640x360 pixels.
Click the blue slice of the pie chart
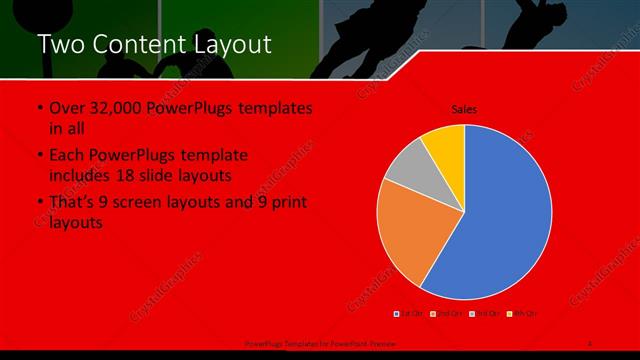pyautogui.click(x=505, y=215)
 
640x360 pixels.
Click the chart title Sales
pyautogui.click(x=464, y=108)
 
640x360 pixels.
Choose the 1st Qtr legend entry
pyautogui.click(x=410, y=314)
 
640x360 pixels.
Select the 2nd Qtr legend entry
pyautogui.click(x=446, y=314)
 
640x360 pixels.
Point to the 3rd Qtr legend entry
pyautogui.click(x=484, y=314)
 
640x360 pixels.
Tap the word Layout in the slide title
pyautogui.click(x=234, y=44)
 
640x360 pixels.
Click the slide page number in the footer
pyautogui.click(x=590, y=342)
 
